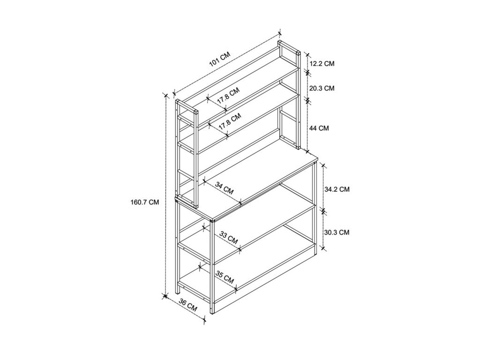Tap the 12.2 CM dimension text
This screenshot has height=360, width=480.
(x=322, y=63)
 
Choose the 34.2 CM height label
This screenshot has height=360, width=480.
(x=337, y=189)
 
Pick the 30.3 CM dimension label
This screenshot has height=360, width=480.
(x=337, y=232)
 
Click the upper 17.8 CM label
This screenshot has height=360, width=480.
(x=228, y=96)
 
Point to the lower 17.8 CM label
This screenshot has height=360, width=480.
(x=230, y=121)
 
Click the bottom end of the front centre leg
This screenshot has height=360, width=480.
(x=212, y=313)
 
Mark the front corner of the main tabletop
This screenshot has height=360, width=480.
(x=212, y=219)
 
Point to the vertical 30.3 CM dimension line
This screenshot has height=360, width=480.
(x=323, y=230)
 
